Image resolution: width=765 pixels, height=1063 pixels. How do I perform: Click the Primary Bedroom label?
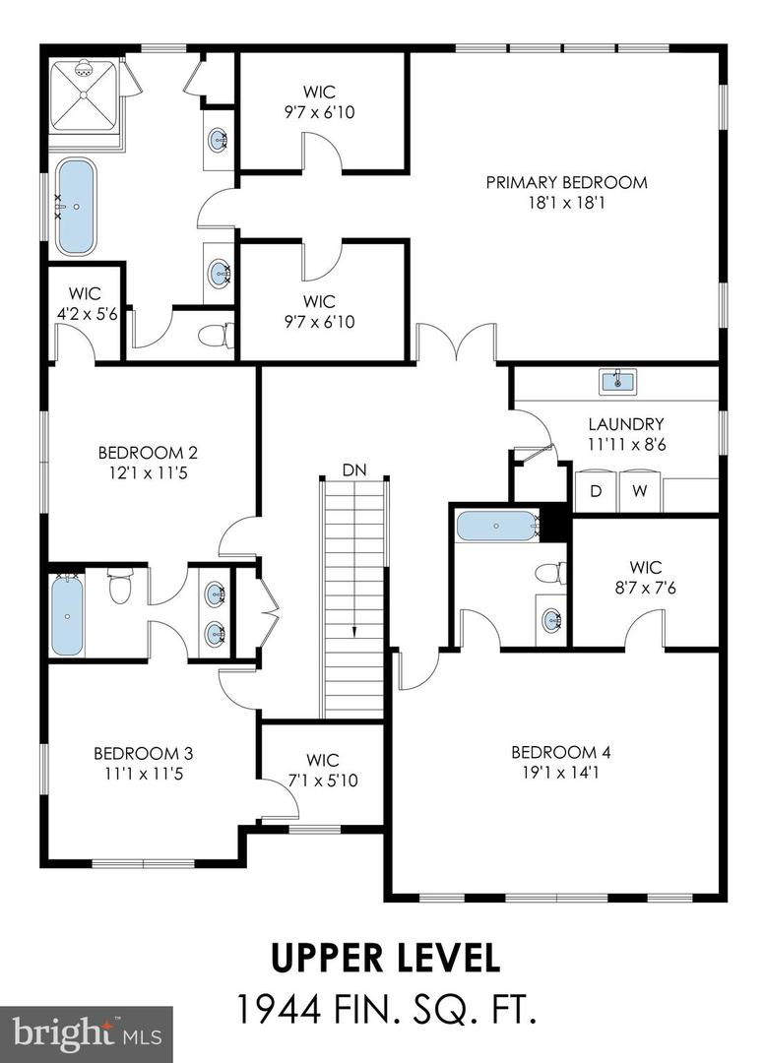(x=566, y=182)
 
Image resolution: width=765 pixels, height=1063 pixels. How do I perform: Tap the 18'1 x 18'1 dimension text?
(x=566, y=204)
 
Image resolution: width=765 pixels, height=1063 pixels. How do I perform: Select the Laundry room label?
(x=626, y=424)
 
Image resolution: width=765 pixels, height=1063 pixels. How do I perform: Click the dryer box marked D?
(x=595, y=491)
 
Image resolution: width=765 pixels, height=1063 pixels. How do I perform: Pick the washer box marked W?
(x=639, y=491)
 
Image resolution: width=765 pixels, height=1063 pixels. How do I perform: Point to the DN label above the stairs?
(x=354, y=470)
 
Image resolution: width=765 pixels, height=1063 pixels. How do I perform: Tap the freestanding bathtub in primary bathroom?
(x=75, y=207)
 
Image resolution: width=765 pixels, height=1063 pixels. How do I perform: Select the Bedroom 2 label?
(x=148, y=453)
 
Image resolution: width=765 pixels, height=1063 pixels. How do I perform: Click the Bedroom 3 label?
(x=143, y=753)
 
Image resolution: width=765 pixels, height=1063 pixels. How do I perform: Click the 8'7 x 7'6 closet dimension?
(x=645, y=589)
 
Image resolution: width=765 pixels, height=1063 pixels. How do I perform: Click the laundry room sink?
(x=618, y=381)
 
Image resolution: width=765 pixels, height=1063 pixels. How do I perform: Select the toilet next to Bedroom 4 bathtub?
(x=551, y=574)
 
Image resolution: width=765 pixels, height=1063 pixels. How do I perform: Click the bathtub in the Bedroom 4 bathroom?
(x=497, y=526)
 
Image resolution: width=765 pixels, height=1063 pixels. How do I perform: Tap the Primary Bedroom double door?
(x=455, y=346)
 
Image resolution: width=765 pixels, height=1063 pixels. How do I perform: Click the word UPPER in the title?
(x=317, y=956)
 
